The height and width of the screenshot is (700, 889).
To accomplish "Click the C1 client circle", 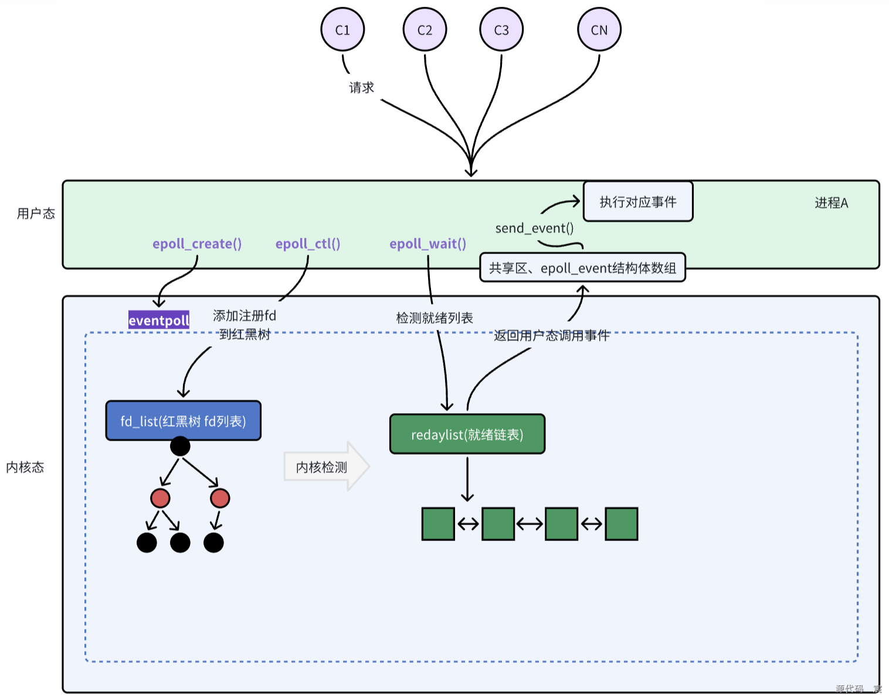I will [342, 30].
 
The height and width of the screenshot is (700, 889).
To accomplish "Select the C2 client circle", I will [425, 30].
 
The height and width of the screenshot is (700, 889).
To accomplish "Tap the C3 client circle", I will [501, 30].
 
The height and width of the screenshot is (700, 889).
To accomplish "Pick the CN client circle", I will [599, 30].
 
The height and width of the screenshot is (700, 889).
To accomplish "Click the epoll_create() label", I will [197, 244].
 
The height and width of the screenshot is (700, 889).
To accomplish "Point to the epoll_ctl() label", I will [308, 244].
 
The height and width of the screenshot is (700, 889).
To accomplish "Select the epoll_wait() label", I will [427, 244].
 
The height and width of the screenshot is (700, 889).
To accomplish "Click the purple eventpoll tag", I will [159, 320].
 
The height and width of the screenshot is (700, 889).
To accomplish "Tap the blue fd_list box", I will [183, 421].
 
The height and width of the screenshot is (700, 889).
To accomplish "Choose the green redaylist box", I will [467, 434].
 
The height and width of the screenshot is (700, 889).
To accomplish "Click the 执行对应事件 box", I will [638, 202].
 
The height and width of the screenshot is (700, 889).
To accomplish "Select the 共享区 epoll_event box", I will [582, 268].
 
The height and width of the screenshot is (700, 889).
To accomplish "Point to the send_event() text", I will [534, 228].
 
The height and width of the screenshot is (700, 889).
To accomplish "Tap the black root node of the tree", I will [180, 447].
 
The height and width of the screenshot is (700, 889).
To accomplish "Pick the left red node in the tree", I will [160, 498].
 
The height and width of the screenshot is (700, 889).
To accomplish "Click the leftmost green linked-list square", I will [438, 524].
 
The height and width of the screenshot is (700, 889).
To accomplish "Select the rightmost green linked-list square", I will [621, 524].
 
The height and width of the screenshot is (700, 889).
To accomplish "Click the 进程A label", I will [831, 203].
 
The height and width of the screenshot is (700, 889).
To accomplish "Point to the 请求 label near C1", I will [361, 87].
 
